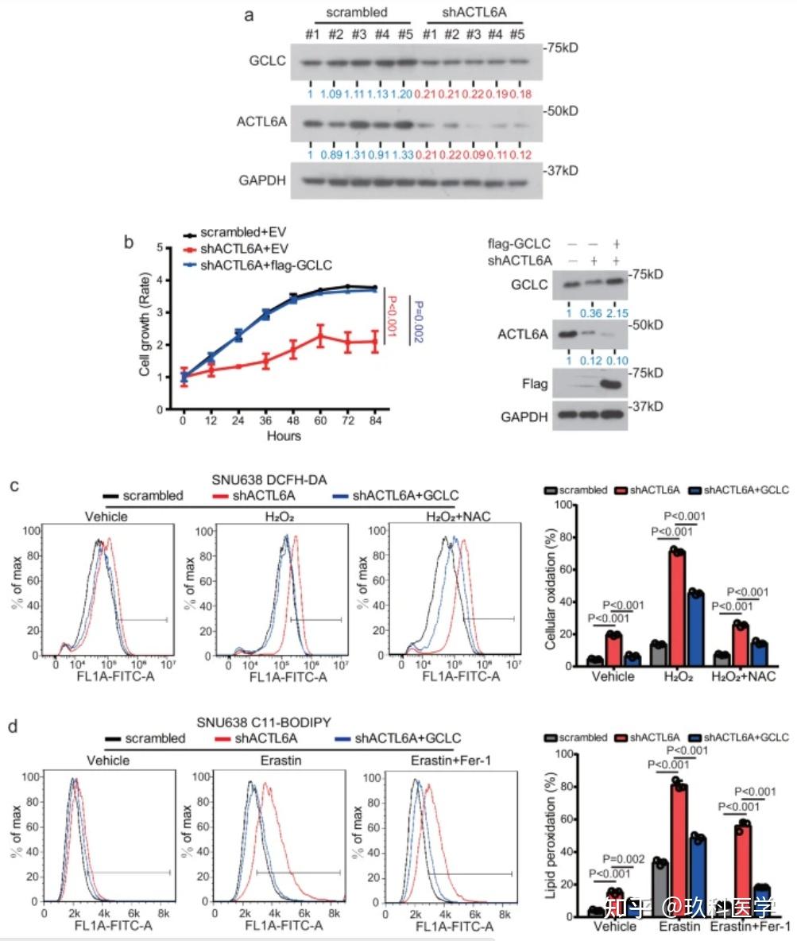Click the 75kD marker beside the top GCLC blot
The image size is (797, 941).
pos(560,48)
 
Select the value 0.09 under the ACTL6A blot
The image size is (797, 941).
pos(474,154)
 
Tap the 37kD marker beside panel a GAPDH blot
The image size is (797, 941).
pos(560,171)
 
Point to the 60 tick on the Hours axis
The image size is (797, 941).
pos(319,420)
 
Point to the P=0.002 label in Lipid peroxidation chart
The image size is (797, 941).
pos(623,858)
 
